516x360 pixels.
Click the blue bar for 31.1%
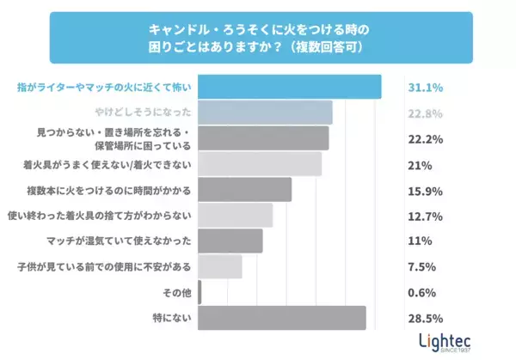click(290, 87)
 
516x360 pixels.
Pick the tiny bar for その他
click(200, 292)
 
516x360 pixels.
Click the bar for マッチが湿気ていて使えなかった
click(230, 241)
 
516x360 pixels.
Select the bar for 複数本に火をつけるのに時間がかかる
click(245, 189)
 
